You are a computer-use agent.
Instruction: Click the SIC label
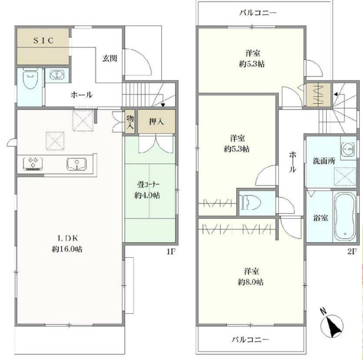42,41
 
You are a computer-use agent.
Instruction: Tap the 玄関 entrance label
109,57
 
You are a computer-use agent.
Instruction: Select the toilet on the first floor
28,80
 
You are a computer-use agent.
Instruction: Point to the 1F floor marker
170,252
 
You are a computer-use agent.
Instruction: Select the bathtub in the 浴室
342,217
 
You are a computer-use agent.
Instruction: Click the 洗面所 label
324,160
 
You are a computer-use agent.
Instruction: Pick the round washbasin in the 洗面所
349,149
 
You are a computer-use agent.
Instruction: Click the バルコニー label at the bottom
250,339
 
